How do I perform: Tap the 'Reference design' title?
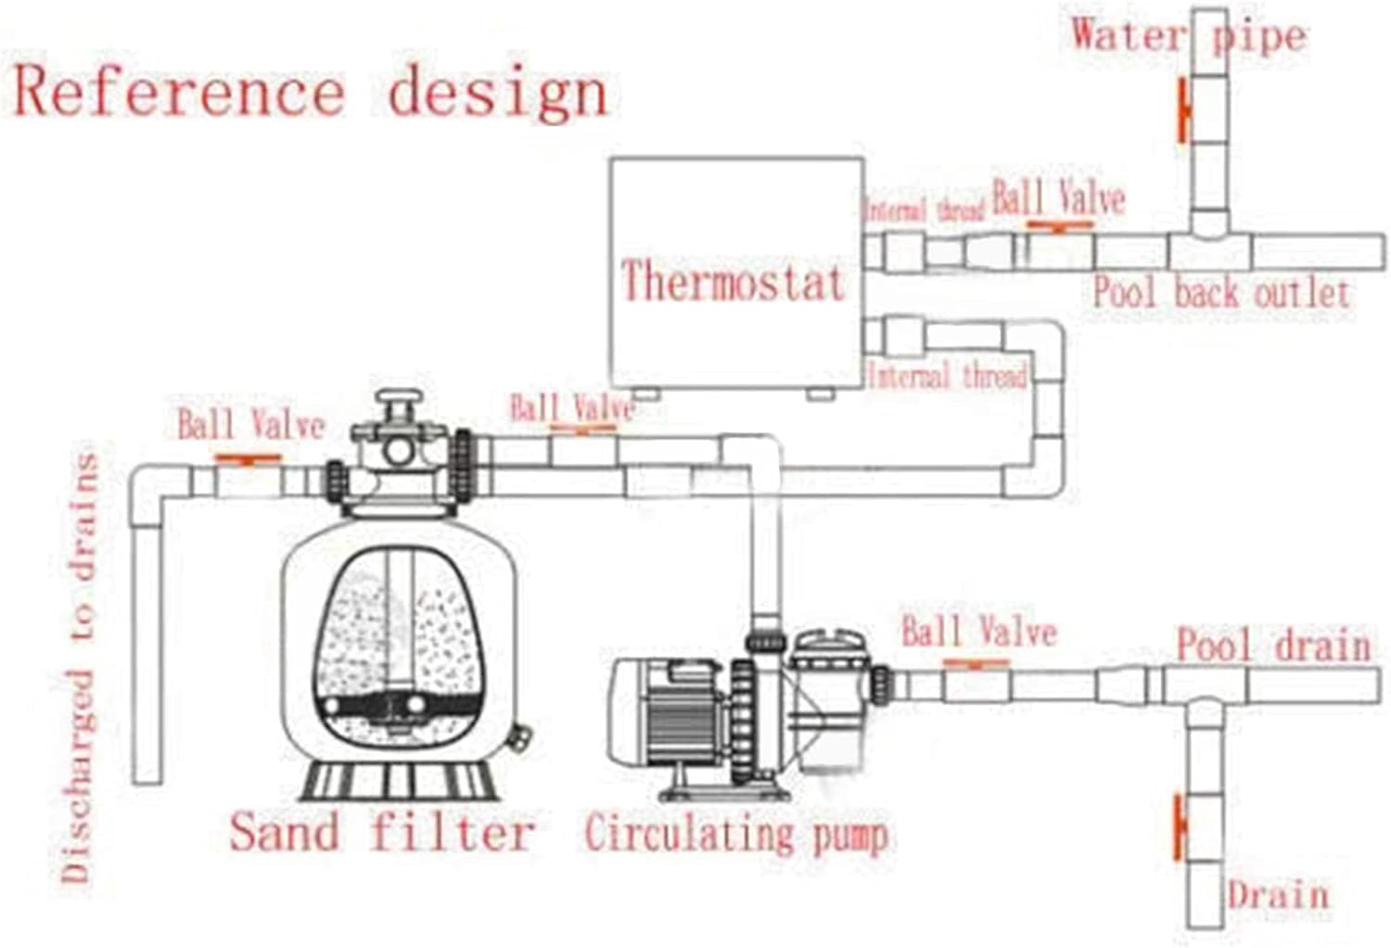tap(311, 93)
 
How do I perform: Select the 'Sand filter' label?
tap(382, 830)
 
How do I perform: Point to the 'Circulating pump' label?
tap(735, 832)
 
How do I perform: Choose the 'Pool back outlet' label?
tap(1220, 292)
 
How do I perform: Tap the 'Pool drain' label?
tap(1273, 645)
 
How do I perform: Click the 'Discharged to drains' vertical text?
tap(79, 668)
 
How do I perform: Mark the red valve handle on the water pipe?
tap(1182, 110)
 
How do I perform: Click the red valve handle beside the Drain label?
tap(1179, 827)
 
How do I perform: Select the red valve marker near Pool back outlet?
tap(1059, 225)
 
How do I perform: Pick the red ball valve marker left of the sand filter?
tap(247, 458)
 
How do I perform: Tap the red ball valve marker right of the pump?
tap(976, 663)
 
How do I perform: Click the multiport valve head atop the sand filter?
tap(399, 445)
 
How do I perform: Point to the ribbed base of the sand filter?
tap(399, 781)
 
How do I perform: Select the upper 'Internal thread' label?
tap(924, 210)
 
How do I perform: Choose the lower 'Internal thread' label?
tap(948, 377)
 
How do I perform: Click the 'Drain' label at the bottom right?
tap(1278, 896)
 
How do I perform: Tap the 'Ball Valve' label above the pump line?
tap(979, 633)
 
